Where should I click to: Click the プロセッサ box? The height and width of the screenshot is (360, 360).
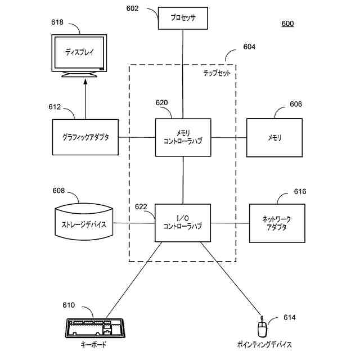pyautogui.click(x=183, y=18)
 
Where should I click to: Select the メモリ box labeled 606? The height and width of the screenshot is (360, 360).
pyautogui.click(x=274, y=137)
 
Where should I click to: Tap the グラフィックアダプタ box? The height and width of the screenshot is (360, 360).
pyautogui.click(x=85, y=137)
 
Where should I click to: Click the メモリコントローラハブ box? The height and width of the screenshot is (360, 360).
pyautogui.click(x=183, y=137)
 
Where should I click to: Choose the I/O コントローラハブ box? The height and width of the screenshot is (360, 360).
pyautogui.click(x=183, y=223)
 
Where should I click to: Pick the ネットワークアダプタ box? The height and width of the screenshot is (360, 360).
pyautogui.click(x=277, y=223)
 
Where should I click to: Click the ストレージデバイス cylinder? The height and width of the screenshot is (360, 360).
pyautogui.click(x=84, y=222)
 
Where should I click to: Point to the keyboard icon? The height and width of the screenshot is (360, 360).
pyautogui.click(x=95, y=328)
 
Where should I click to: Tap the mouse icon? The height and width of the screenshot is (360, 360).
pyautogui.click(x=263, y=328)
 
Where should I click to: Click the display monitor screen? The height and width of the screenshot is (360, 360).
pyautogui.click(x=79, y=52)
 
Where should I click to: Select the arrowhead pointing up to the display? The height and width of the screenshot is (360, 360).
pyautogui.click(x=85, y=82)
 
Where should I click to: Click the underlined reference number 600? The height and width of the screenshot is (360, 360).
pyautogui.click(x=287, y=24)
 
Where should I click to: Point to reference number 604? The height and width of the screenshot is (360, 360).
pyautogui.click(x=249, y=47)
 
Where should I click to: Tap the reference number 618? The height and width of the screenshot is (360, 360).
pyautogui.click(x=57, y=22)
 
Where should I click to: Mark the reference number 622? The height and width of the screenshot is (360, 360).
pyautogui.click(x=141, y=206)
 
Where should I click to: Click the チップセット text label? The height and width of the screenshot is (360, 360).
pyautogui.click(x=217, y=73)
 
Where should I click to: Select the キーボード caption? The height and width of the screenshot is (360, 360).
pyautogui.click(x=94, y=344)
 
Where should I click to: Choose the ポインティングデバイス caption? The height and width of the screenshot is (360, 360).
pyautogui.click(x=264, y=344)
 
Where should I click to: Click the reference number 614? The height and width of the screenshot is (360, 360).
pyautogui.click(x=290, y=317)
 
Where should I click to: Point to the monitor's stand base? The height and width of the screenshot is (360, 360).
pyautogui.click(x=79, y=75)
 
